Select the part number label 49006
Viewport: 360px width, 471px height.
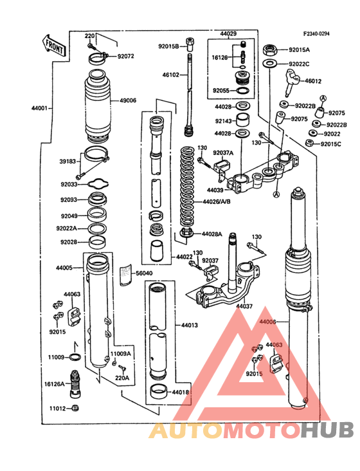point(128,100)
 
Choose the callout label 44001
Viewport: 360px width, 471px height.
point(38,109)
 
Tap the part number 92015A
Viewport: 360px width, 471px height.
point(299,50)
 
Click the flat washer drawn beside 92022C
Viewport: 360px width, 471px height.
point(271,64)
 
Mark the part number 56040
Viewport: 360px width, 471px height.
point(145,273)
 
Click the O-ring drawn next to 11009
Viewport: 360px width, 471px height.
point(75,357)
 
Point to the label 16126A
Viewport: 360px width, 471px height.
point(54,384)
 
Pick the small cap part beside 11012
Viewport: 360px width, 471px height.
point(76,409)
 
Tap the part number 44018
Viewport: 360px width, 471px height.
point(181,391)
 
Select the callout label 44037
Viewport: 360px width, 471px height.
point(244,306)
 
